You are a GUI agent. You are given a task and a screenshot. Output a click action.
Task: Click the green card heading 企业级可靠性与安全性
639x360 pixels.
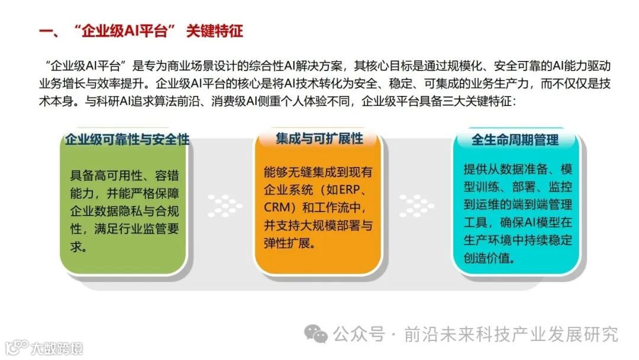(127, 140)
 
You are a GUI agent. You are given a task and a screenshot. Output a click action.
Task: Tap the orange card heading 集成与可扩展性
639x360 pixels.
(319, 139)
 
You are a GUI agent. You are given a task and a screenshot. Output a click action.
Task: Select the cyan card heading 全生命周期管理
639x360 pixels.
(515, 140)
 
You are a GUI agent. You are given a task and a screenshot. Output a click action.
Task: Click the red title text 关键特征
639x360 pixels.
(214, 31)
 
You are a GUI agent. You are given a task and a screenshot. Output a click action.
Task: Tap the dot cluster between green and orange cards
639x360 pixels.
(225, 205)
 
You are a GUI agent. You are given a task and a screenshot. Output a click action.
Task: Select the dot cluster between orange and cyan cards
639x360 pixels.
(417, 205)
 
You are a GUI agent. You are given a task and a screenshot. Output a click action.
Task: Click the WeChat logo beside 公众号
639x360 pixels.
(316, 335)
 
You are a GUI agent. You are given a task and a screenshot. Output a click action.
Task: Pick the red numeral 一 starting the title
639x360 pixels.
(46, 31)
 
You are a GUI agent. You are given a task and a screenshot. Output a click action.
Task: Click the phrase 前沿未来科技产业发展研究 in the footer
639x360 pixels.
(511, 335)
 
